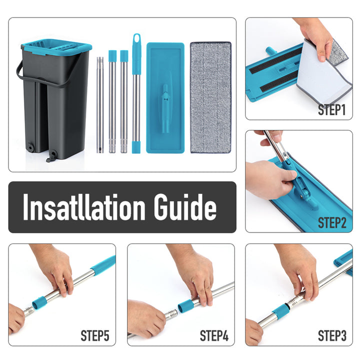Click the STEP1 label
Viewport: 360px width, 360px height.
332,110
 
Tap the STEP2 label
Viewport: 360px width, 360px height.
332,222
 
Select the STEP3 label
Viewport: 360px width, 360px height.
332,336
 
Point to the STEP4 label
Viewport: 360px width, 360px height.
214,336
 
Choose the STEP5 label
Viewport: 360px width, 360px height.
95,336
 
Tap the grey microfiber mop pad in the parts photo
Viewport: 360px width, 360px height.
210,97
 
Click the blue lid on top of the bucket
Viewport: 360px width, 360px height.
56,46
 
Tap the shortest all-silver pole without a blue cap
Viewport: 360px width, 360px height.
100,105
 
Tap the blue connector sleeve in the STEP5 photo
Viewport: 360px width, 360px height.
39,303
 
